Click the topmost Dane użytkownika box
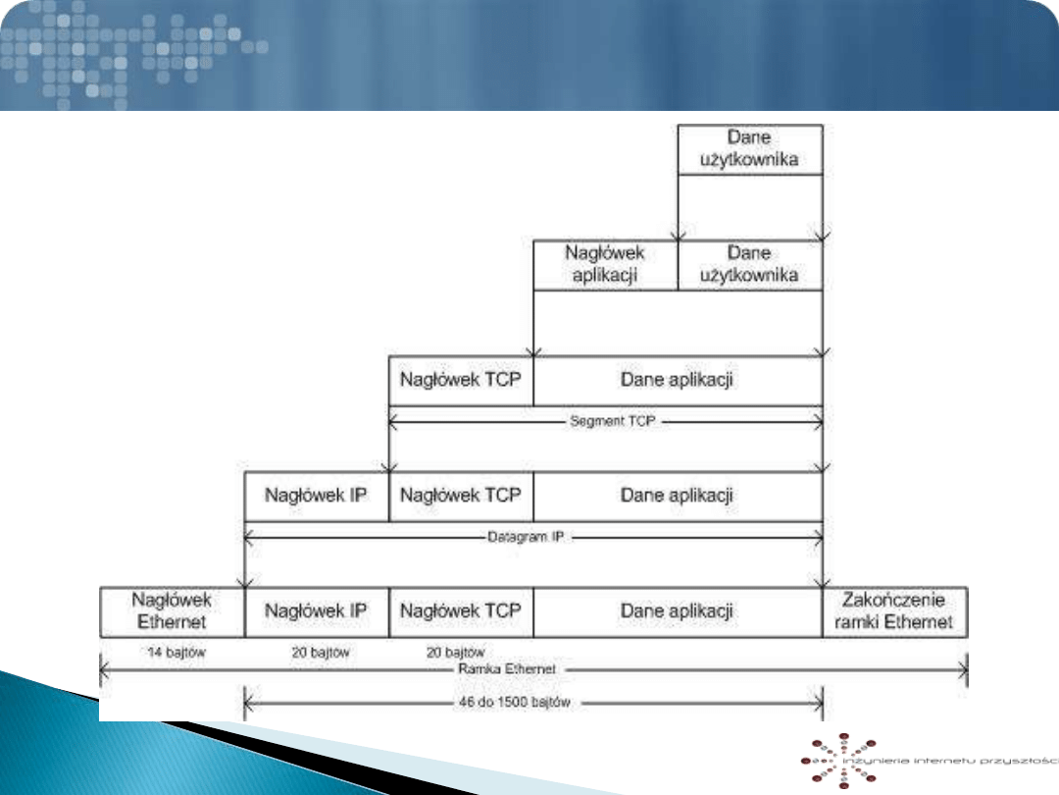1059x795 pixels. tap(750, 149)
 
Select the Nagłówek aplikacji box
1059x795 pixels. tap(605, 265)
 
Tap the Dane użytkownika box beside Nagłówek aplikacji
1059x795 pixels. tap(750, 265)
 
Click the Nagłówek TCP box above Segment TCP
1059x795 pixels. tap(461, 380)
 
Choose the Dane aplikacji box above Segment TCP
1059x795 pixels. tap(678, 380)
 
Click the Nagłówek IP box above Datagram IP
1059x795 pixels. tap(316, 496)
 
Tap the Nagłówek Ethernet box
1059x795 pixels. tap(172, 611)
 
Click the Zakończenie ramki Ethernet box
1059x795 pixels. tap(895, 611)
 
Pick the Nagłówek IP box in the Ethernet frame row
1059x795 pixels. tap(316, 611)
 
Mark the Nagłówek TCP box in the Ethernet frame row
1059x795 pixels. tap(461, 611)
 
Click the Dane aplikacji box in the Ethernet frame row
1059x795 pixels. tap(678, 611)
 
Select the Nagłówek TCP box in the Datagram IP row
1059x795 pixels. tap(461, 496)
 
